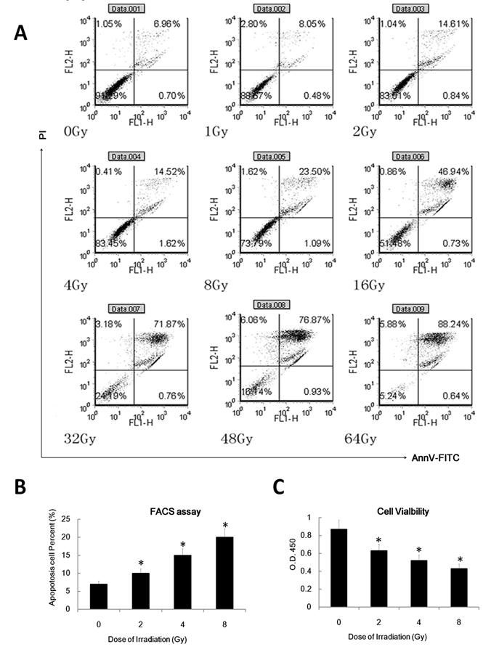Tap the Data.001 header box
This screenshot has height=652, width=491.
pyautogui.click(x=128, y=9)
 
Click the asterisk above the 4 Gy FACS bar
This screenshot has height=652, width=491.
pyautogui.click(x=184, y=540)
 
